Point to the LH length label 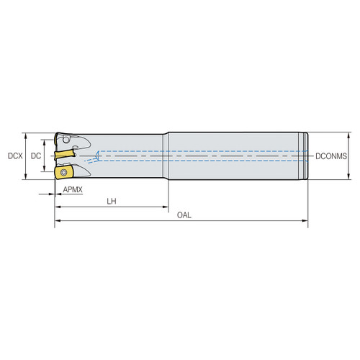[111, 202]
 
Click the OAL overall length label [184, 215]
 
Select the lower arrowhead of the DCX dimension [27, 177]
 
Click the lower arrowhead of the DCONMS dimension [349, 175]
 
